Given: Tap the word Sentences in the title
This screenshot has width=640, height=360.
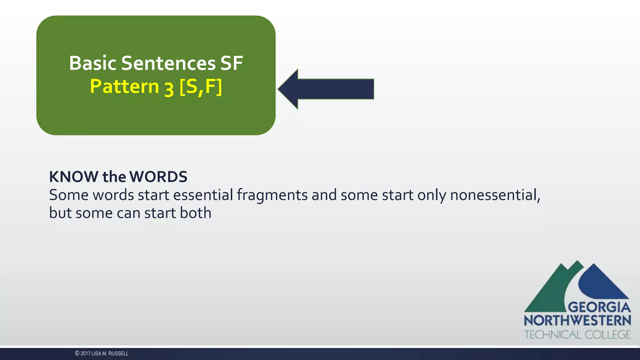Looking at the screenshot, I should pyautogui.click(x=168, y=63).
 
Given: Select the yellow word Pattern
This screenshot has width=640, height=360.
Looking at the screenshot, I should pyautogui.click(x=124, y=87).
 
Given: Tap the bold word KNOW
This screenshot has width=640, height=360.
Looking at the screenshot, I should pyautogui.click(x=74, y=177).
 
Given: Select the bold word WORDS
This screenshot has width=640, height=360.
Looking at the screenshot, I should pyautogui.click(x=158, y=177).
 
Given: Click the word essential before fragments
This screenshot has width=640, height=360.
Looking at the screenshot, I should pyautogui.click(x=203, y=195).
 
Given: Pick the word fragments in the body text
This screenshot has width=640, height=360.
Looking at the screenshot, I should pyautogui.click(x=272, y=195).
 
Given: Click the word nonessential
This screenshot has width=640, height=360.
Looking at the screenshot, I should pyautogui.click(x=495, y=195).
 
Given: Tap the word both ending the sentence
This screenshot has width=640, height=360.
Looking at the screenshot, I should pyautogui.click(x=196, y=213).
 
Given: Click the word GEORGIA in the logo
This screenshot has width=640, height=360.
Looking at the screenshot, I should pyautogui.click(x=599, y=307).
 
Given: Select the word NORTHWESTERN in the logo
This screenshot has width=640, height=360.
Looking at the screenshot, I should pyautogui.click(x=577, y=321).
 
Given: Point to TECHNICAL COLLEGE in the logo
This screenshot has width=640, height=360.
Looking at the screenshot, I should pyautogui.click(x=577, y=335).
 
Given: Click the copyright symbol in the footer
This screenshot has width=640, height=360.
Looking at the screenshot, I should pyautogui.click(x=77, y=353).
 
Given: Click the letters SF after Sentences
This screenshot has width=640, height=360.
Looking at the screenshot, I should pyautogui.click(x=232, y=63).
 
